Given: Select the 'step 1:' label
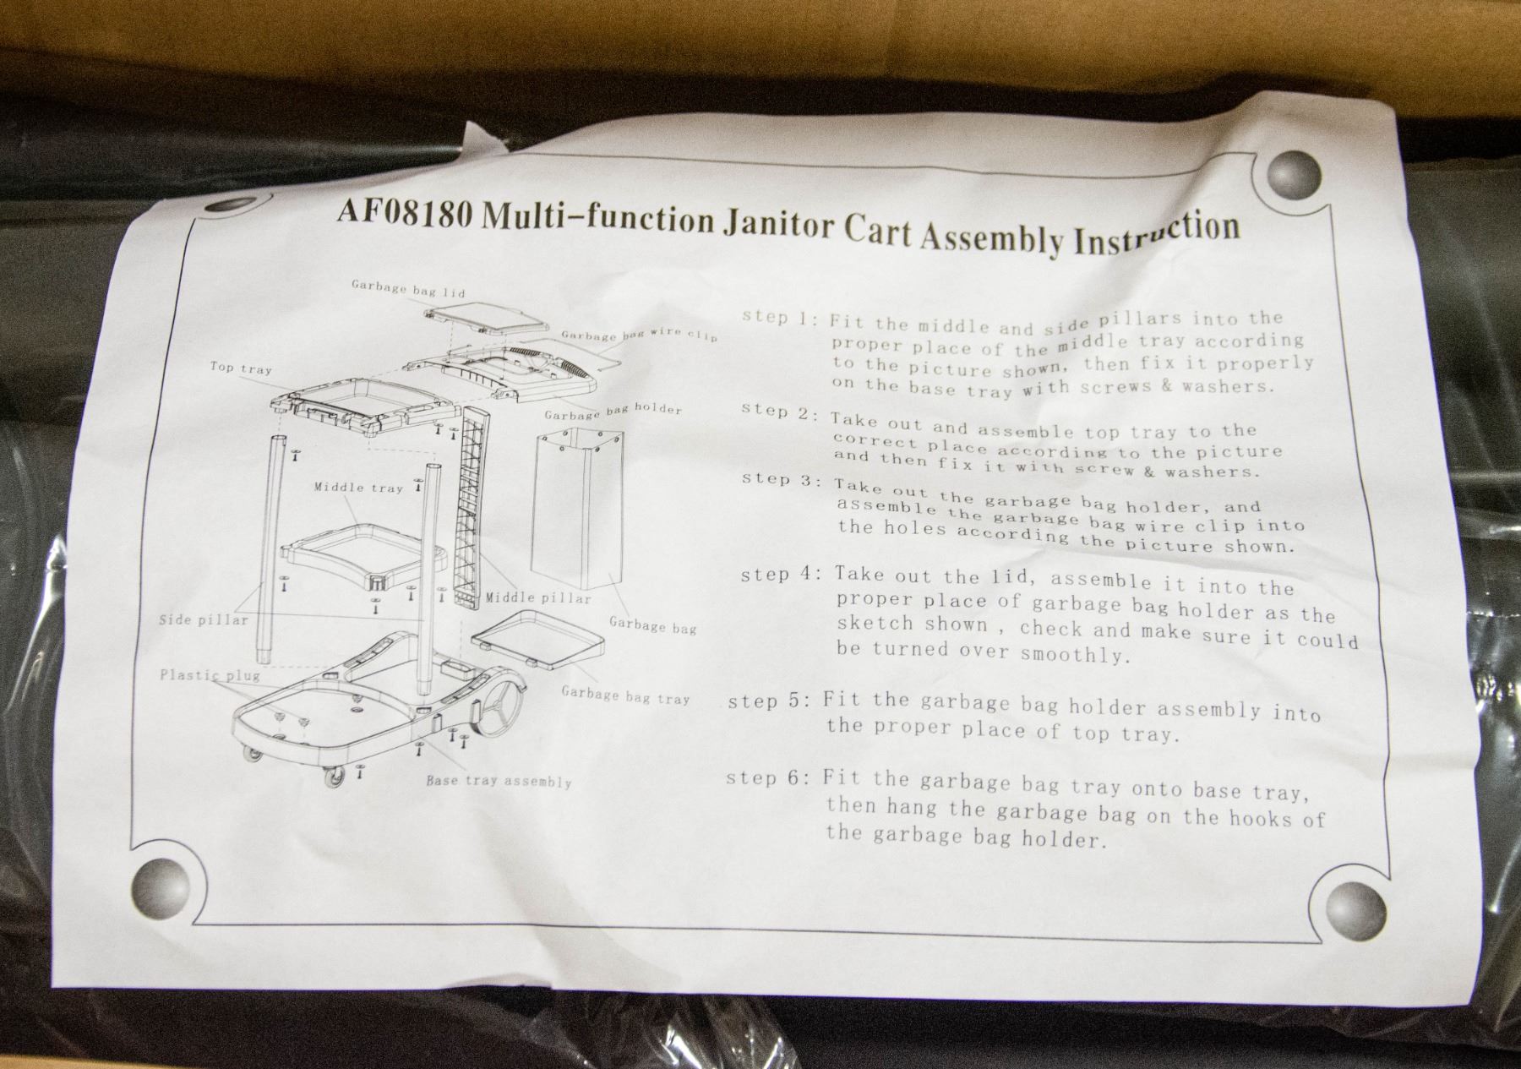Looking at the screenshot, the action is (x=779, y=318).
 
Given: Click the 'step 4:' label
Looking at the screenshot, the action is (x=779, y=575).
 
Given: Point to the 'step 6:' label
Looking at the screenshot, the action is (x=767, y=777).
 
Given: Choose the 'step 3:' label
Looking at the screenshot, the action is (x=780, y=480).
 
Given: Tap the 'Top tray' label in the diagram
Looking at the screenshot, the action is (x=241, y=368).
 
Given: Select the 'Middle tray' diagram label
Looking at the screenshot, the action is (x=358, y=488).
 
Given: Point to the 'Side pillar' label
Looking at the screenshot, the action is (x=204, y=620).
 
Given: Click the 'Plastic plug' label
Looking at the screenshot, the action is (x=210, y=675).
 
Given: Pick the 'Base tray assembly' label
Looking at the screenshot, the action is (x=499, y=781).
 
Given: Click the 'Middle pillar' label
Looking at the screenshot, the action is (x=537, y=598).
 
